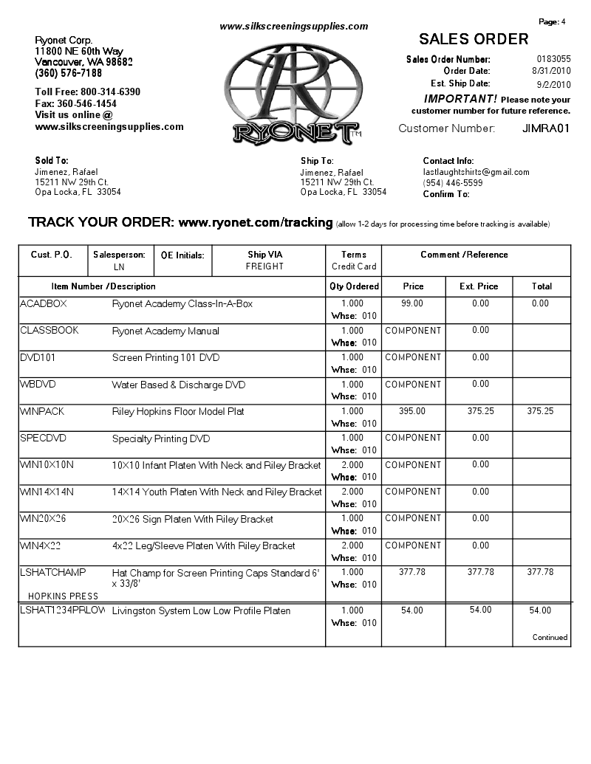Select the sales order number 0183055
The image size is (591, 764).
(553, 59)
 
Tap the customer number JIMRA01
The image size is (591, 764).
(546, 128)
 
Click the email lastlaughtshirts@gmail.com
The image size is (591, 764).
(476, 172)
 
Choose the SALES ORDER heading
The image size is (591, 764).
(474, 39)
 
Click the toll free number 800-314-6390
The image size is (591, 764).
(110, 92)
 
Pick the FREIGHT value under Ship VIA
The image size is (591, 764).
(264, 266)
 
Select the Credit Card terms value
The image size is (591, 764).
(354, 266)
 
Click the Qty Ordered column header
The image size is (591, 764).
(354, 286)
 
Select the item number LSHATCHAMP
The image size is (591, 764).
(53, 572)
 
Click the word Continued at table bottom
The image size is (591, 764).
(550, 637)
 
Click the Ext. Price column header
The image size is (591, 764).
(479, 286)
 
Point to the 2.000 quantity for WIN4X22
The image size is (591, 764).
(352, 546)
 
